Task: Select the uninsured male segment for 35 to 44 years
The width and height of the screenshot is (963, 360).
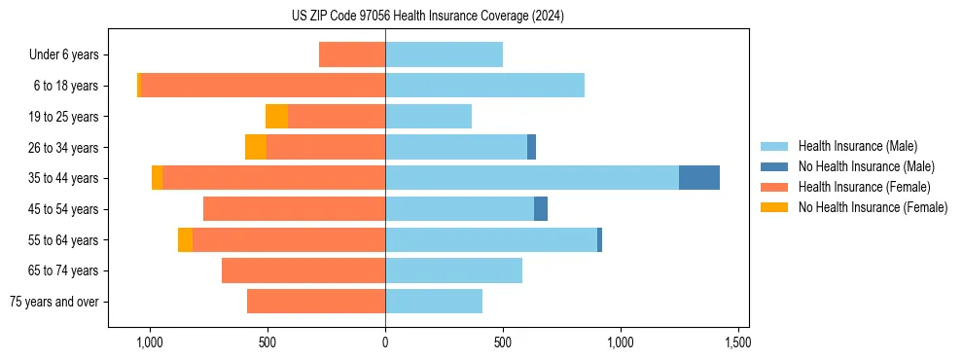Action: coord(698,178)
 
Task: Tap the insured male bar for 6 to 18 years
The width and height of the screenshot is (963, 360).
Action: coord(484,86)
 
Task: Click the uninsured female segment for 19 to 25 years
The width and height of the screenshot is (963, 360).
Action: coord(276,117)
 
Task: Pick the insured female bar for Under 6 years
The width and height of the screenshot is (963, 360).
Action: coord(352,54)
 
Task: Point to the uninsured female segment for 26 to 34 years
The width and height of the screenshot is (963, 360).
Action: coord(256,147)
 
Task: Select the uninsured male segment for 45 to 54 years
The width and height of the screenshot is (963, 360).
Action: coord(541,209)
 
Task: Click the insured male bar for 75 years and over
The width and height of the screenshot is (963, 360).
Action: coord(434,302)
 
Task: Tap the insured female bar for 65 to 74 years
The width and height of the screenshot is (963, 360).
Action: coord(303,270)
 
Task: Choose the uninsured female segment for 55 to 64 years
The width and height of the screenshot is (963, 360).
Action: coord(185,240)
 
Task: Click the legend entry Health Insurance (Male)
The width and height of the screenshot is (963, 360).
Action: coord(857,146)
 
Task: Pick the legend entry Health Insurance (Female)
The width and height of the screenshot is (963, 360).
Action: coord(863,187)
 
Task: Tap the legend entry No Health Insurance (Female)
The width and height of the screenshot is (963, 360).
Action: coord(872,207)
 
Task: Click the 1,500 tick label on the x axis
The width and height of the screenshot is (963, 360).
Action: coord(737,342)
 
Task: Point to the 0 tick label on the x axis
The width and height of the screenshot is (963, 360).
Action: coord(385,342)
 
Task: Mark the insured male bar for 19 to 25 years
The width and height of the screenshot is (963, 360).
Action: coord(428,117)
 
